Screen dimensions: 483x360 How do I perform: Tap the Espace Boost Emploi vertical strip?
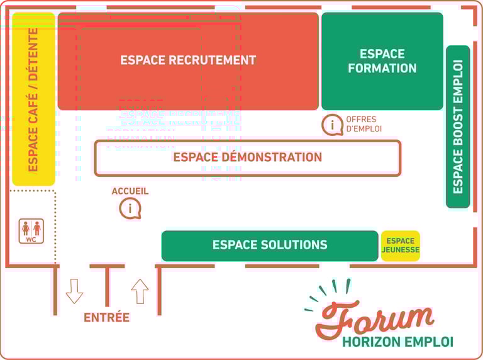457,126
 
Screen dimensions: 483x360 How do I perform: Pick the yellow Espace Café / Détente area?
33,99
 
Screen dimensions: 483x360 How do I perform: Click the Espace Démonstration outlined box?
247,157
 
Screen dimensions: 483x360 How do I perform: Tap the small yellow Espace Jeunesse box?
400,245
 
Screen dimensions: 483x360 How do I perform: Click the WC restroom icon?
31,231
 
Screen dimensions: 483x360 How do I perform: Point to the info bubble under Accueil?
130,208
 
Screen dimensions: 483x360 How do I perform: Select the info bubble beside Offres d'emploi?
332,125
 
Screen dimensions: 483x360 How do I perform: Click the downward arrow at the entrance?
74,291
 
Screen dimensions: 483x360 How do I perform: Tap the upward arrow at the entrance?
140,291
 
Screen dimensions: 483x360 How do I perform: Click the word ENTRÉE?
106,317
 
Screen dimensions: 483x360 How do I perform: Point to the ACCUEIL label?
130,191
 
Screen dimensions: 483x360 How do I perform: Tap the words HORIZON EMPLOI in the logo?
397,342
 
